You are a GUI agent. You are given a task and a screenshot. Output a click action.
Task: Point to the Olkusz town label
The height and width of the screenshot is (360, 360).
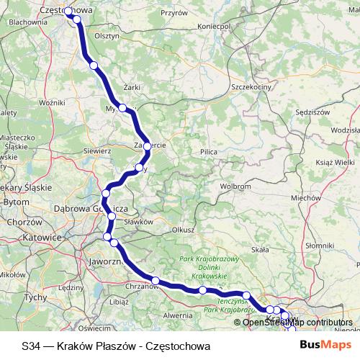point(184,230)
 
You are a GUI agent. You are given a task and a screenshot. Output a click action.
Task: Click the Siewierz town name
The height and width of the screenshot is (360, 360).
point(96,151)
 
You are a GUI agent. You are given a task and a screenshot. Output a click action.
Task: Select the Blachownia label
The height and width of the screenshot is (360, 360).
point(24,22)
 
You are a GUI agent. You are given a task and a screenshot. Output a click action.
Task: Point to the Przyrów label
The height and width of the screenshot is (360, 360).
point(174,13)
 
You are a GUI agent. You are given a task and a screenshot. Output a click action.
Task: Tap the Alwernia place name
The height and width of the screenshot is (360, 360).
point(178,315)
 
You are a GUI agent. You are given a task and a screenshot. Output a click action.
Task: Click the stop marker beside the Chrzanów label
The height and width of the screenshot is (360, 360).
point(155,280)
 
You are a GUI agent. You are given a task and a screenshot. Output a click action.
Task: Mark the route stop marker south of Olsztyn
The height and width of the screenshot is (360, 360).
point(94,66)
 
